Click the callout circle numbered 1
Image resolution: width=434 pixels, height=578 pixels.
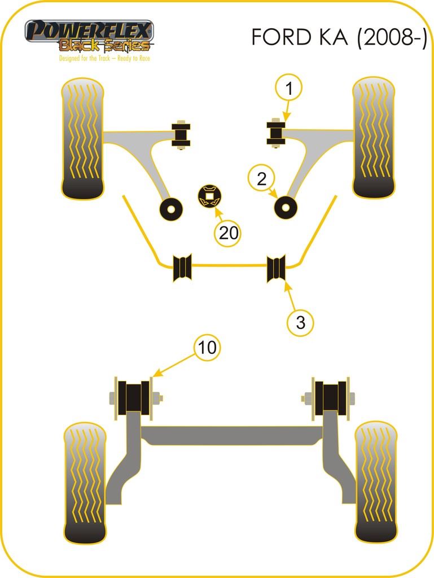[289, 89]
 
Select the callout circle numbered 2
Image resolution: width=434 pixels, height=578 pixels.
[261, 179]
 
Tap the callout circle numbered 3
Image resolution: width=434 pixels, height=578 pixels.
[301, 323]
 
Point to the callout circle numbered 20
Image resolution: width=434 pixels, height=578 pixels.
[229, 233]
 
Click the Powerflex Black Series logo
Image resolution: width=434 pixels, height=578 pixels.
[89, 36]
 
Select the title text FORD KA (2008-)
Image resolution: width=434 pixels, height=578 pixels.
[339, 37]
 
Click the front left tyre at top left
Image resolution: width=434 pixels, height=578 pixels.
[82, 138]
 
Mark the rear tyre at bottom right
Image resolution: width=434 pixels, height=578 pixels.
[376, 482]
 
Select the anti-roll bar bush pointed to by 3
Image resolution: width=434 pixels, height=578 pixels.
[277, 268]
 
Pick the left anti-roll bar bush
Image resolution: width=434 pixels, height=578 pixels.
[182, 268]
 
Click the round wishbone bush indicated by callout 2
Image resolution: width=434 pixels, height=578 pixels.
[286, 207]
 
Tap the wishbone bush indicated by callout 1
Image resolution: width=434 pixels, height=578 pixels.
[276, 133]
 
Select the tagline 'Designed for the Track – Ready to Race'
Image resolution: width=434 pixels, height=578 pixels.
[104, 58]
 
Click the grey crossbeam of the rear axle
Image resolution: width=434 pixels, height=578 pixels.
[232, 435]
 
